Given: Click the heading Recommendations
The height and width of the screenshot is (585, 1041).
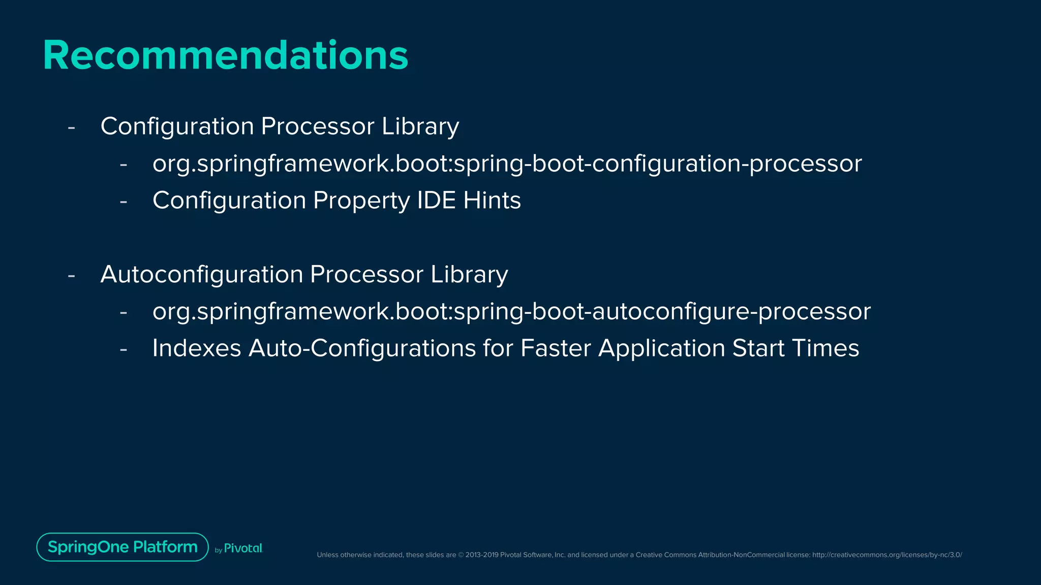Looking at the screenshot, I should click(x=225, y=55).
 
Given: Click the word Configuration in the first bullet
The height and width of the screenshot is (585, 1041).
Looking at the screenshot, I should click(x=177, y=126).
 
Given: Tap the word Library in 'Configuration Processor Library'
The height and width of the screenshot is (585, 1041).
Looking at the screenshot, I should click(x=420, y=126).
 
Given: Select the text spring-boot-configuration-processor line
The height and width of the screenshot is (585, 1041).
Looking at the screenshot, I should click(x=507, y=164).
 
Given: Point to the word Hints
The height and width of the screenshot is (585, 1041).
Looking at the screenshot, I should click(x=492, y=200).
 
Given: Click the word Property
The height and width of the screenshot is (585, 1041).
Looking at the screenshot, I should click(x=361, y=200).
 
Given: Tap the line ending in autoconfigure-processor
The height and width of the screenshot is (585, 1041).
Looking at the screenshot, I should click(x=511, y=311).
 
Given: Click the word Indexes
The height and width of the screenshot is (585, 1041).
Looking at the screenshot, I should click(x=197, y=348).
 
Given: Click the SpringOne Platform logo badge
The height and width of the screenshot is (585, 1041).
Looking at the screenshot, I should click(x=123, y=547).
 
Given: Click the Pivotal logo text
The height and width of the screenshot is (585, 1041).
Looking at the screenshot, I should click(x=243, y=548).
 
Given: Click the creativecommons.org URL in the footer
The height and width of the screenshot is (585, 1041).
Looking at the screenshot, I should click(x=887, y=555).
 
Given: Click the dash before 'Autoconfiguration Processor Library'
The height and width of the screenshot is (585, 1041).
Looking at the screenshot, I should click(x=71, y=275).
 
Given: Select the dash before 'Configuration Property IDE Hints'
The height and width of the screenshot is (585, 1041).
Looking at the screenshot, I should click(x=123, y=202).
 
